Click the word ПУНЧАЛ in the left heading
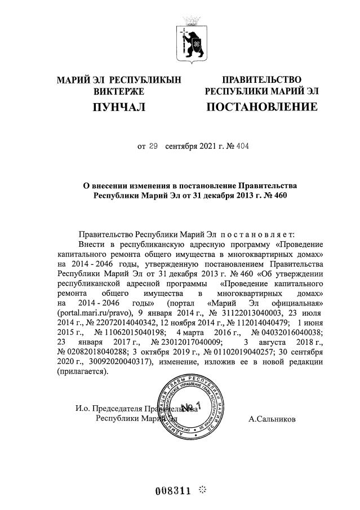[119, 107]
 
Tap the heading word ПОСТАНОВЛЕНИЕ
[261, 107]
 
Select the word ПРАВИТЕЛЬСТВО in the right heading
[261, 80]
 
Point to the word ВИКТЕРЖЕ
[119, 91]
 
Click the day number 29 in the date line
[153, 147]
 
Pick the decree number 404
[241, 147]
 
